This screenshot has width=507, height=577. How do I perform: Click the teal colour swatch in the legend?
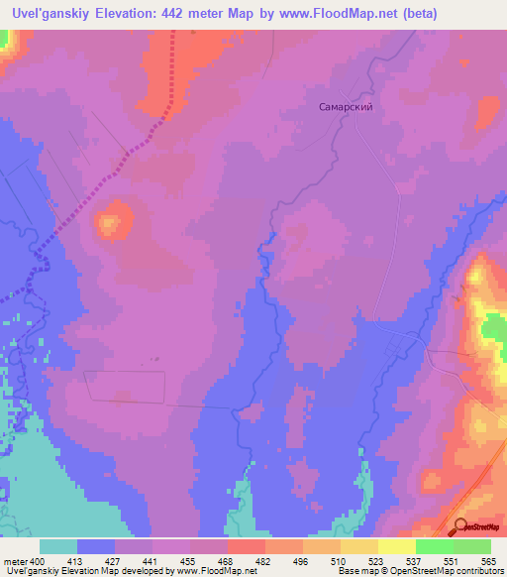pos(58,546)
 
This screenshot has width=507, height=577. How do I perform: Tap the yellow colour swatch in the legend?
pos(397,546)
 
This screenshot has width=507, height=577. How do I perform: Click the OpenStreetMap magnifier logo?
pos(460,527)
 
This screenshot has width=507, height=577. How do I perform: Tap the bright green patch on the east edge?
pos(493,329)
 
